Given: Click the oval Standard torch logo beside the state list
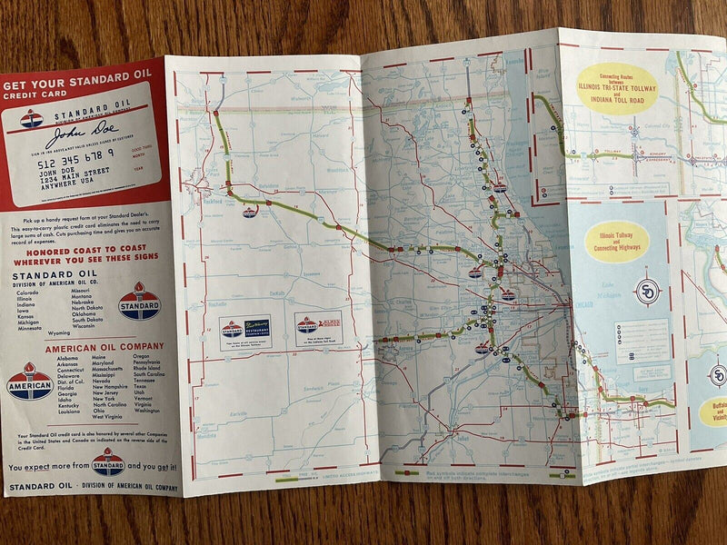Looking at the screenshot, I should [139, 301].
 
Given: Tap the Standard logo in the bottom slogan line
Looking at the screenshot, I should [108, 461].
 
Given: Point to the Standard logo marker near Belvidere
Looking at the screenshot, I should [249, 211].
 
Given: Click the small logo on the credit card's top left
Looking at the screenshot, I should [32, 117].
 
